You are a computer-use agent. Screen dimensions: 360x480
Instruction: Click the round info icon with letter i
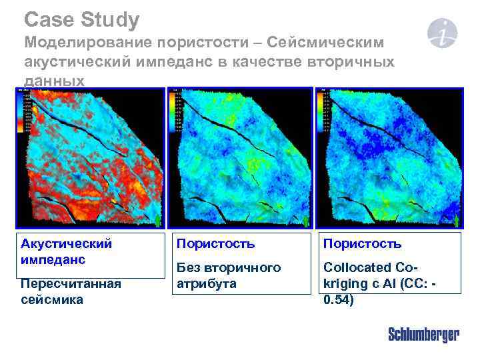point(443,33)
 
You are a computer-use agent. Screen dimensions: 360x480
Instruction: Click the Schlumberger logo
point(423,335)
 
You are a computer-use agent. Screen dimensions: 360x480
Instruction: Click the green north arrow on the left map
point(157,220)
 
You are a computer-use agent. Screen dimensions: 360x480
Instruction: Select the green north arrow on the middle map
point(306,220)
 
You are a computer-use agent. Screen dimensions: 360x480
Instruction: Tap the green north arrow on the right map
point(457,220)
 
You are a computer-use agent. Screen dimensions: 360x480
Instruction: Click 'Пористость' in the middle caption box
point(215,243)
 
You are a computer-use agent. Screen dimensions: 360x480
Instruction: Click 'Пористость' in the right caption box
point(362,243)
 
